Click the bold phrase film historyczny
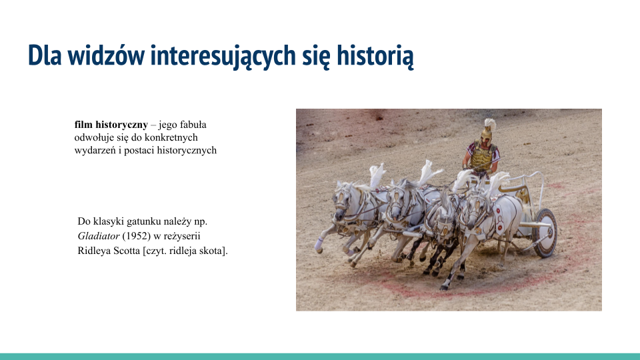coord(111,125)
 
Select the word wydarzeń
coord(95,150)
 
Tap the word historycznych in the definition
coord(187,150)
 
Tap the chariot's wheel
coord(545,232)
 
